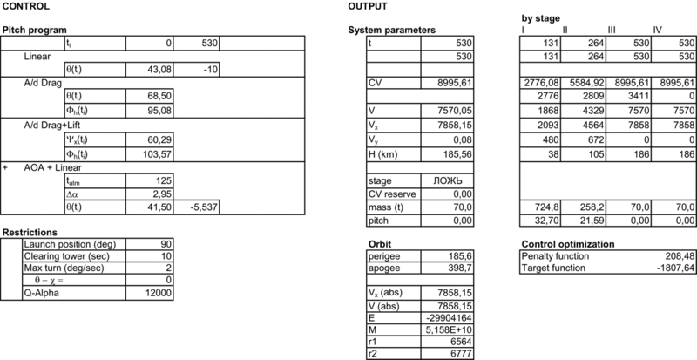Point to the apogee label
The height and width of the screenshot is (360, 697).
point(385,270)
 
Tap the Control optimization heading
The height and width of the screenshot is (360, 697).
point(565,244)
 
